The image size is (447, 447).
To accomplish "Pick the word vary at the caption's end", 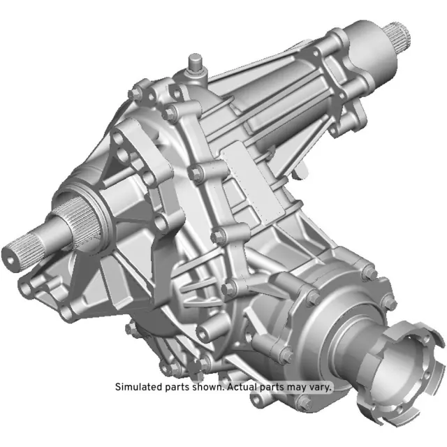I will point(321,387).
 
